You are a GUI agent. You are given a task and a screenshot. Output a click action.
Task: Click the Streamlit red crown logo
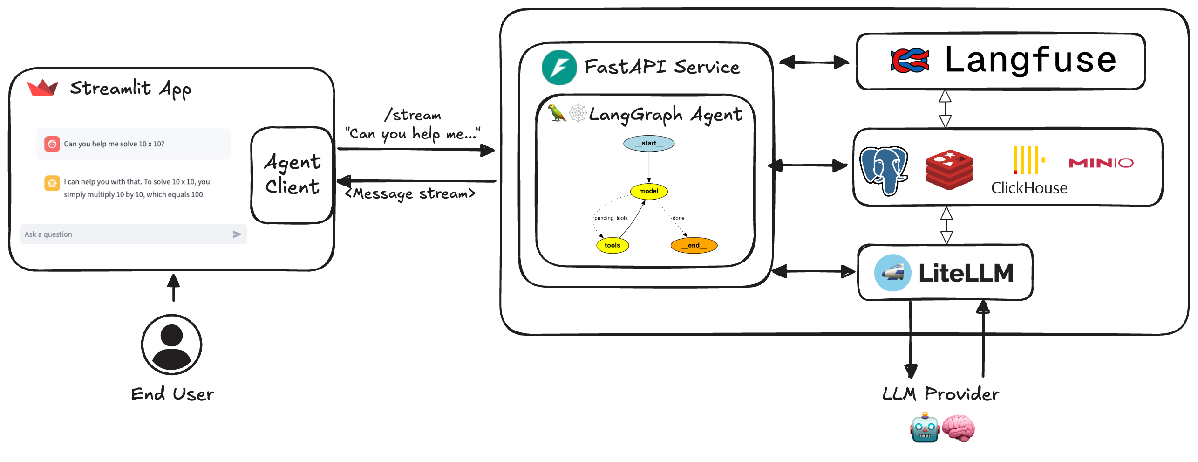pyautogui.click(x=42, y=88)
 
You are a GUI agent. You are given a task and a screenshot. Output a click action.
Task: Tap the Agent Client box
pyautogui.click(x=293, y=175)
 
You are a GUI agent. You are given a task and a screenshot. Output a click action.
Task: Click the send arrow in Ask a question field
pyautogui.click(x=237, y=234)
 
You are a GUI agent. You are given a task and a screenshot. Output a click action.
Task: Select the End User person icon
pyautogui.click(x=171, y=345)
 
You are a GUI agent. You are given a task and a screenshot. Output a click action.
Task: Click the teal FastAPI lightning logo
pyautogui.click(x=559, y=68)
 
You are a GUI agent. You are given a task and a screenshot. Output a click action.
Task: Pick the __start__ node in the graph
pyautogui.click(x=649, y=143)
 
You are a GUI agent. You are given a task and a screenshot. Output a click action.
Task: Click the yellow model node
pyautogui.click(x=649, y=191)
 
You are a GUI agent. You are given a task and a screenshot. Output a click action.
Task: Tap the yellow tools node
pyautogui.click(x=613, y=245)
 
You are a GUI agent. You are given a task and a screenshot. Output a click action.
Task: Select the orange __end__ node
pyautogui.click(x=694, y=245)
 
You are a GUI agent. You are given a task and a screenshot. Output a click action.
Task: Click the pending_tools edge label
pyautogui.click(x=611, y=218)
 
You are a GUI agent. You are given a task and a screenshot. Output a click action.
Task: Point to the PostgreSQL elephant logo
pyautogui.click(x=883, y=170)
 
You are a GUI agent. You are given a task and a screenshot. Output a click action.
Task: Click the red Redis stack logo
pyautogui.click(x=949, y=170)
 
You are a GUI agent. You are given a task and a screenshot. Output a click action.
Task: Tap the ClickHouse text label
pyautogui.click(x=1029, y=188)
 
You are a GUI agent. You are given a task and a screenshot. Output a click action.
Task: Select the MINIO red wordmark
pyautogui.click(x=1101, y=163)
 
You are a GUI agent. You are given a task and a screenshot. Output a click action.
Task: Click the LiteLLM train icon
pyautogui.click(x=892, y=273)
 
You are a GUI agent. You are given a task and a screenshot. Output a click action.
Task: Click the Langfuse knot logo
pyautogui.click(x=909, y=61)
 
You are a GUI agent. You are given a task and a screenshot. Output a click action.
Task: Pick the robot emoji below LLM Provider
pyautogui.click(x=925, y=428)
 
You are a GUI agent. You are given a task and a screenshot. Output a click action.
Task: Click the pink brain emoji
pyautogui.click(x=958, y=428)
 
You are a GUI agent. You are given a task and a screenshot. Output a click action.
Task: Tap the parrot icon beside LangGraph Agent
pyautogui.click(x=557, y=113)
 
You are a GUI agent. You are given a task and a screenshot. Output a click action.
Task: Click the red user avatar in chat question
pyautogui.click(x=52, y=144)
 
